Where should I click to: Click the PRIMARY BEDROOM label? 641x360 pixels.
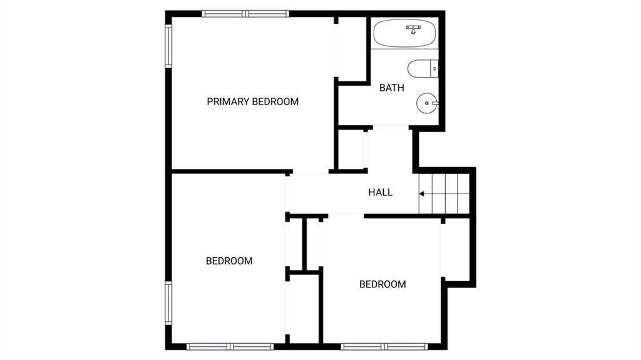253,101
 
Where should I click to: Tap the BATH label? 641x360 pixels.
392,88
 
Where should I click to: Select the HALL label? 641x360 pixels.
380,192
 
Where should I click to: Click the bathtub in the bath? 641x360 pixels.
405,33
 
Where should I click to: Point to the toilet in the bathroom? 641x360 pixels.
423,69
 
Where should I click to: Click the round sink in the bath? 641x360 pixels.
427,103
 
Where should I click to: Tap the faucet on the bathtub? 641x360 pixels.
413,29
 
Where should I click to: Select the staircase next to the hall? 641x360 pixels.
444,193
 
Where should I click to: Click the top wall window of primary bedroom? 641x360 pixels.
245,14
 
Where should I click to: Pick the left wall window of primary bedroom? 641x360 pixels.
168,46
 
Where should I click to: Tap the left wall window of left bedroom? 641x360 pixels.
168,303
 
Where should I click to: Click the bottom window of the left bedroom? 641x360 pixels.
230,346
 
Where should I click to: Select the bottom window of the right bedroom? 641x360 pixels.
384,346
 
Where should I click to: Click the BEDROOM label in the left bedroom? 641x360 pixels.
229,261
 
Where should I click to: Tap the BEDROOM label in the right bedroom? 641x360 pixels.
382,284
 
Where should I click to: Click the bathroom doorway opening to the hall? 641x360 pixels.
391,128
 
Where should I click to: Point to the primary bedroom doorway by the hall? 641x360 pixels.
310,172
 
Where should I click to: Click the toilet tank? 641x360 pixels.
434,69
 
